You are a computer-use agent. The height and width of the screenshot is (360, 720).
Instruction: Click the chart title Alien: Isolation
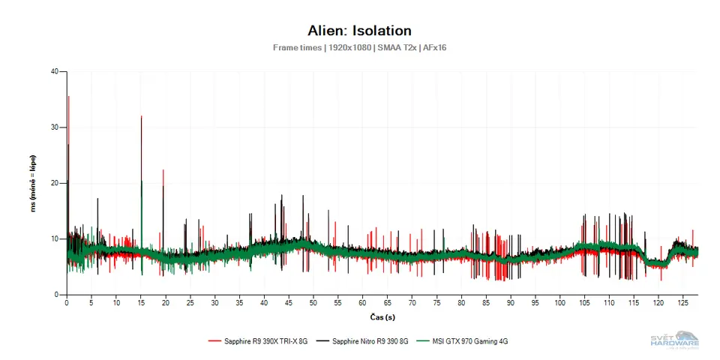click(359, 31)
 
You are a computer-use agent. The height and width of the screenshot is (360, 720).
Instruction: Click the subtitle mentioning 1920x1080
click(359, 47)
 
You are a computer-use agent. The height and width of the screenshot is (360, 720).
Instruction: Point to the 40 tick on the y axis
click(54, 72)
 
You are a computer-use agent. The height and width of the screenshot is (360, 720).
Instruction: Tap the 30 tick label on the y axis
click(54, 127)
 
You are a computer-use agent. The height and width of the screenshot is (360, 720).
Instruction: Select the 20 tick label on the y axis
click(54, 183)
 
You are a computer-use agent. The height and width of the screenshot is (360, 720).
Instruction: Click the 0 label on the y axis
click(56, 295)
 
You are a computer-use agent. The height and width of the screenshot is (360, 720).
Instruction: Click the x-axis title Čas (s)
click(382, 318)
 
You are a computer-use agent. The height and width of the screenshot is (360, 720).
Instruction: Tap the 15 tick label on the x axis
click(141, 303)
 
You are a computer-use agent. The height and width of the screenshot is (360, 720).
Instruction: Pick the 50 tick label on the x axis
click(313, 303)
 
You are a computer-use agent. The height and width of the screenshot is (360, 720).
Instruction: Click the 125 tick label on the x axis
click(683, 303)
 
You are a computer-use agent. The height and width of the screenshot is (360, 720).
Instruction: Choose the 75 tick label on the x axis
click(436, 303)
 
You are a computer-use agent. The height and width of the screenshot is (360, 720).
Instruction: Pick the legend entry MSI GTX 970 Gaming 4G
click(468, 341)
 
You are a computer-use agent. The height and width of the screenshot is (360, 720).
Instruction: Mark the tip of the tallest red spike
click(68, 96)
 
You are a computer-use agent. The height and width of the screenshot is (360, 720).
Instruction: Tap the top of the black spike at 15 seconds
click(141, 116)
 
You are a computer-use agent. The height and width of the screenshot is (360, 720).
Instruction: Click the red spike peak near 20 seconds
click(163, 170)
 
